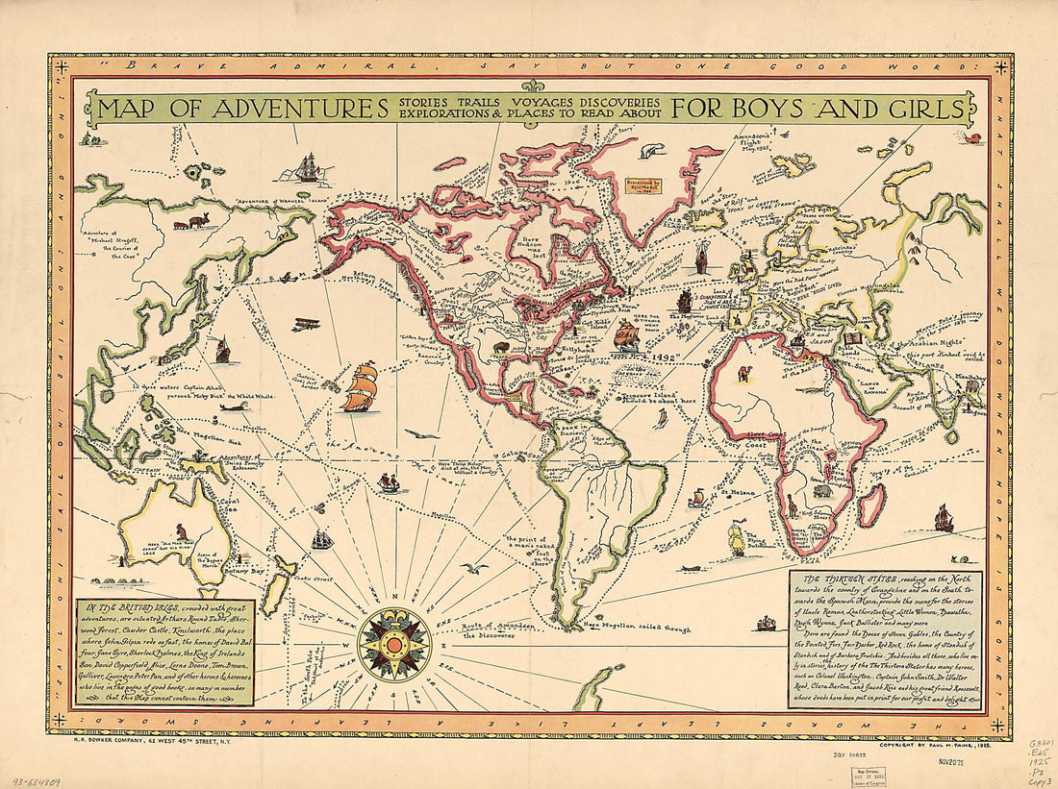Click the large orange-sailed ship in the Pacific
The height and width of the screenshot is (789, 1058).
tap(360, 386)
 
